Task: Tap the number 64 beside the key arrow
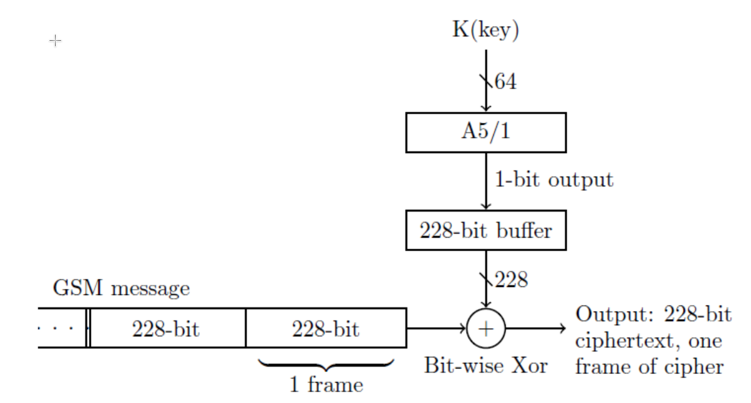(505, 81)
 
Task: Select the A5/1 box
(486, 133)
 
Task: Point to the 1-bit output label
(554, 180)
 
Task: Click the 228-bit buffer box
(486, 230)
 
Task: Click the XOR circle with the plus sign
(486, 328)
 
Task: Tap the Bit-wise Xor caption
(486, 365)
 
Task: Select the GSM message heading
(122, 288)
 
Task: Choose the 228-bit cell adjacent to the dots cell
(166, 328)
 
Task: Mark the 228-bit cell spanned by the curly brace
(326, 328)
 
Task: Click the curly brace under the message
(326, 365)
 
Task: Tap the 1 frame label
(326, 386)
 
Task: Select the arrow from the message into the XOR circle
(436, 328)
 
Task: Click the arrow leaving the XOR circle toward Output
(535, 328)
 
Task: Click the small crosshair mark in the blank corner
(55, 41)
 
